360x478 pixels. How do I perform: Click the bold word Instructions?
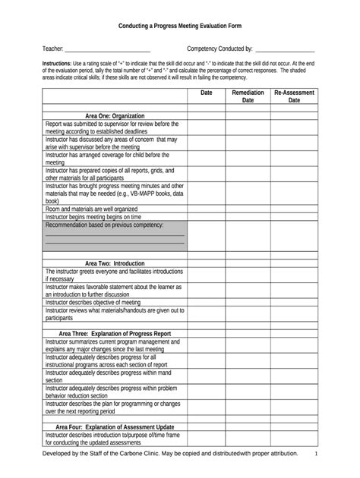pyautogui.click(x=58, y=64)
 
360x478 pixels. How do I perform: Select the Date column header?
pyautogui.click(x=206, y=93)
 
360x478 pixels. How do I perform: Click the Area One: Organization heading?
pyautogui.click(x=115, y=115)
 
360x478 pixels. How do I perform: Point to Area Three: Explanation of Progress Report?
pyautogui.click(x=115, y=333)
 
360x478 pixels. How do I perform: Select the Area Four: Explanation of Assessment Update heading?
pyautogui.click(x=115, y=426)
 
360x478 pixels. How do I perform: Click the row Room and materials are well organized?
pyautogui.click(x=115, y=208)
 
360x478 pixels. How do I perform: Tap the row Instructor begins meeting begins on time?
pyautogui.click(x=115, y=216)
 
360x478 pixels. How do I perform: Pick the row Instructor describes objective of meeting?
pyautogui.click(x=115, y=302)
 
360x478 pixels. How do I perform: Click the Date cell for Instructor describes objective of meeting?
pyautogui.click(x=206, y=302)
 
